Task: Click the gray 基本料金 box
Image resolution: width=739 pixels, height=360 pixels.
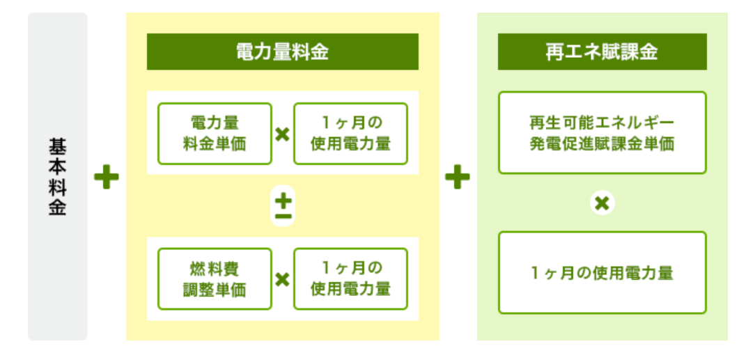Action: tap(58, 176)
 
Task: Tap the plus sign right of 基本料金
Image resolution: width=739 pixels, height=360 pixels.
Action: tap(107, 177)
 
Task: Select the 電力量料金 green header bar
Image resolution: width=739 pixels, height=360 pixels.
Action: tap(282, 52)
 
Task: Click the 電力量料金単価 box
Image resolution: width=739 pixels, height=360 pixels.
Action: tap(215, 134)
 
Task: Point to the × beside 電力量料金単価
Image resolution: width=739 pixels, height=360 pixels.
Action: tap(282, 135)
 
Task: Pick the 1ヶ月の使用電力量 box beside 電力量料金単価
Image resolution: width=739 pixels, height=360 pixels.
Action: tap(350, 134)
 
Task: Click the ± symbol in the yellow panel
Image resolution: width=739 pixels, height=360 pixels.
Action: tap(283, 206)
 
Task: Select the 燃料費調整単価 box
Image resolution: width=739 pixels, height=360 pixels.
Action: tap(215, 279)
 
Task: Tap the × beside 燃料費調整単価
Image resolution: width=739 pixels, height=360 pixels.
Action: tap(282, 280)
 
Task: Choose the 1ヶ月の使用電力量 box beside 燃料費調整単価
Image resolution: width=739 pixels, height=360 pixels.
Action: tap(350, 279)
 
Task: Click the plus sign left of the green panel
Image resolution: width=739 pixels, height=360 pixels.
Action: tap(457, 177)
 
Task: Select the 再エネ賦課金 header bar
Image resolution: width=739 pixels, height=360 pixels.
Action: tap(602, 52)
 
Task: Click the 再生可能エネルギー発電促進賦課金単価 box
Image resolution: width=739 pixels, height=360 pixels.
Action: tap(602, 133)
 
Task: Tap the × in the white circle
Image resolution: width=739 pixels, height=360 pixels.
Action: tap(602, 203)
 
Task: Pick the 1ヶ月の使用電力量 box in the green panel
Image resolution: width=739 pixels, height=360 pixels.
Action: tap(602, 272)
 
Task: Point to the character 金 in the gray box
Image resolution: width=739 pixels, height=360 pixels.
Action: tap(58, 208)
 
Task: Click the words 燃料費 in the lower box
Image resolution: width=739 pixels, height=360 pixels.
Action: tap(215, 269)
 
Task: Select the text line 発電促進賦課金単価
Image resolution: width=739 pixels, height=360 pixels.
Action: tap(602, 143)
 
